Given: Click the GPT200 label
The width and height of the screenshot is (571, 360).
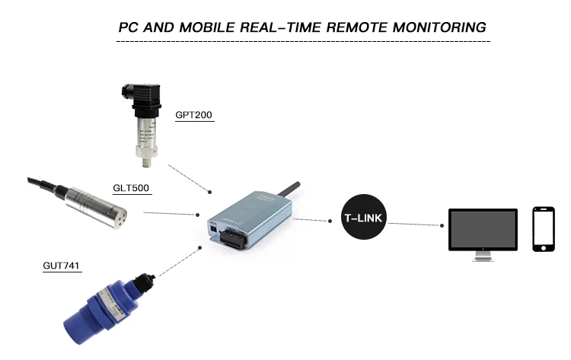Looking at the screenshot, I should [193, 116].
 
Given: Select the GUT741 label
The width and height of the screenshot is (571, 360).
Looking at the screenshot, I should [62, 266].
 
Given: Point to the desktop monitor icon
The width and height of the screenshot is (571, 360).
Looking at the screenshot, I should [483, 232].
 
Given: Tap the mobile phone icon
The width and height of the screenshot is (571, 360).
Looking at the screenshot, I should [543, 228].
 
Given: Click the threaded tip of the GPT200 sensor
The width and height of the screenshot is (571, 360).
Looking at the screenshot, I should [142, 160].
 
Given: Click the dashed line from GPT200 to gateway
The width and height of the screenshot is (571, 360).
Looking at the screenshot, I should [190, 178].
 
